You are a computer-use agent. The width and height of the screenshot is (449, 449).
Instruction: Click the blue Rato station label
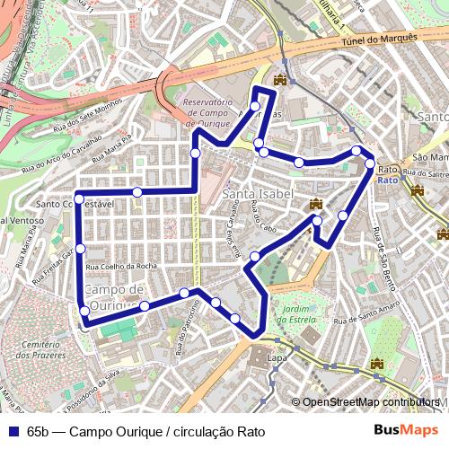point(388,179)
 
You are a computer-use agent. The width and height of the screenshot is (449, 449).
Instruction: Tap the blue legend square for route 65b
point(11,431)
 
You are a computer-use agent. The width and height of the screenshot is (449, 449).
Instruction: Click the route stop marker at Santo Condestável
point(79,198)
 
